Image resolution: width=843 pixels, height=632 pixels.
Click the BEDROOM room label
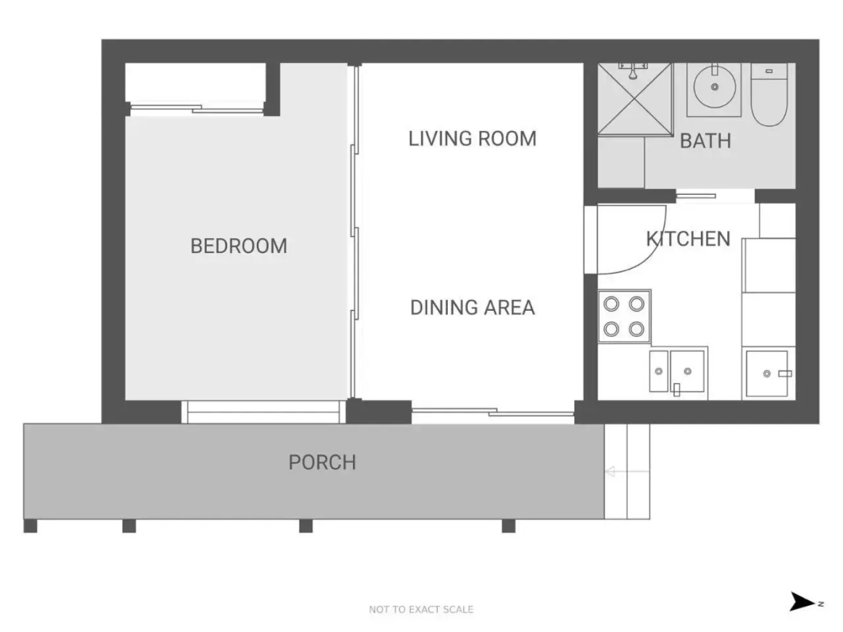238,246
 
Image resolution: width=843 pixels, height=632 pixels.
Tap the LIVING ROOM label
472,139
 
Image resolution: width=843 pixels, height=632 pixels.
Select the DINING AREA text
472,307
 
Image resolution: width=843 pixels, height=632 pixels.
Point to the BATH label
705,141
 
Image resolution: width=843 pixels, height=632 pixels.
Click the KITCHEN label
688,239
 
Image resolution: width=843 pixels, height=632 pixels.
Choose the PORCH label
322,462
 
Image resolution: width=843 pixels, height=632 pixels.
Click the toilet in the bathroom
769,94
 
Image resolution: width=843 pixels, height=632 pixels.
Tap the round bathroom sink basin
714,87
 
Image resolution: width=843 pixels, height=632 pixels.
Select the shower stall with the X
635,99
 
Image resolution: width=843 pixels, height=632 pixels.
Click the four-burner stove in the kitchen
624,316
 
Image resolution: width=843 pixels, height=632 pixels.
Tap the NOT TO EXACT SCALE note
421,609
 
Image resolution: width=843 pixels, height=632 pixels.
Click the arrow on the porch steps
627,471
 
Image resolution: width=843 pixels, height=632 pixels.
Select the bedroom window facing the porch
263,412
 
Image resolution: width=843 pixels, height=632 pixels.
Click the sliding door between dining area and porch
493,412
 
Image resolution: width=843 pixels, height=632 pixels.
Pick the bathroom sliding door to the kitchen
695,196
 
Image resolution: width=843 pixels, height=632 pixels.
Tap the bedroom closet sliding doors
197,109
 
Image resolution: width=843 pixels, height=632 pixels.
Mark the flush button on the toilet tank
769,71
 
